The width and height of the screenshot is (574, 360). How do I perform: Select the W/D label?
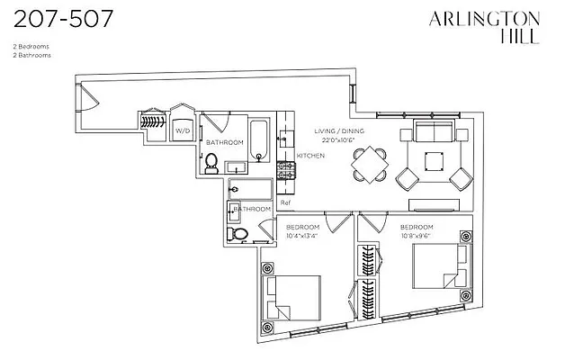click(x=183, y=131)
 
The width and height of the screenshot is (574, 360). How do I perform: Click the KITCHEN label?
click(x=310, y=156)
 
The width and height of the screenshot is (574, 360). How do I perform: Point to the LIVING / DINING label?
click(x=337, y=131)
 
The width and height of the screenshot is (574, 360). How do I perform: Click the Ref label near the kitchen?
click(x=285, y=202)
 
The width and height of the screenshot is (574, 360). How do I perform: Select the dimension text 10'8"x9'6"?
click(x=417, y=234)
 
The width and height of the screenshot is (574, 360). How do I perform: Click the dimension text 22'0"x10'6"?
click(x=337, y=139)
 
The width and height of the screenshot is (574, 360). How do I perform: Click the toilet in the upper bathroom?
click(x=212, y=162)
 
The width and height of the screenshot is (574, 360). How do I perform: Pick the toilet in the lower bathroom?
click(x=238, y=234)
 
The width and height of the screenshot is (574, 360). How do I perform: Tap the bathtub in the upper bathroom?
click(x=258, y=139)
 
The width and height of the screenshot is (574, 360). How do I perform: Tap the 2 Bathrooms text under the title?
click(x=31, y=55)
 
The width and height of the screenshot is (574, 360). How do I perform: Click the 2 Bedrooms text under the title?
click(x=31, y=45)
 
